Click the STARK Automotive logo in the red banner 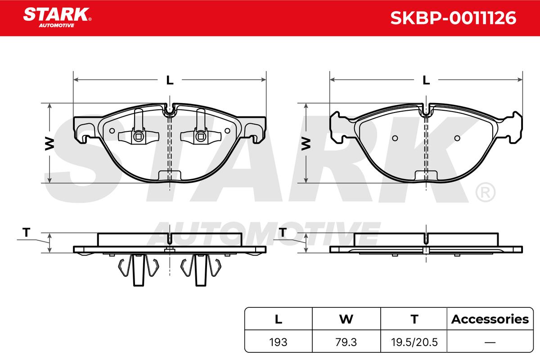tap(57, 18)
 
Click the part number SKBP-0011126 tap(453, 18)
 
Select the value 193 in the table tap(278, 342)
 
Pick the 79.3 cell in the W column tap(346, 342)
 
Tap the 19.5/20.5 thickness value tap(414, 342)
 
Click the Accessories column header tap(490, 319)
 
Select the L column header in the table tap(279, 319)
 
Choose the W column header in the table tap(346, 319)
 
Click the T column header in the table tap(414, 319)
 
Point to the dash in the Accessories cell tap(490, 342)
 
